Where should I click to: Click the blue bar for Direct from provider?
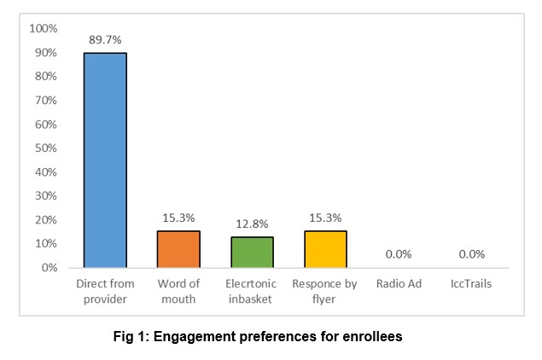pyautogui.click(x=105, y=160)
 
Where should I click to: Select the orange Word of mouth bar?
pyautogui.click(x=178, y=249)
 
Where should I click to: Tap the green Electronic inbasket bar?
pyautogui.click(x=253, y=253)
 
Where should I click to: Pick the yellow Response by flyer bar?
pyautogui.click(x=325, y=249)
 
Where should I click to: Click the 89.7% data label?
pyautogui.click(x=105, y=39)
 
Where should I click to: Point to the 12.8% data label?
pyautogui.click(x=253, y=223)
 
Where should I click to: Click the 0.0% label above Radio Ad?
pyautogui.click(x=399, y=253)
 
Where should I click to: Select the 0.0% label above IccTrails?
pyautogui.click(x=472, y=253)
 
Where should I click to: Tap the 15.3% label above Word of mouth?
pyautogui.click(x=178, y=217)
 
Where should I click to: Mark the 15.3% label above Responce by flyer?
pyautogui.click(x=325, y=217)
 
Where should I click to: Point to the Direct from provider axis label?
pyautogui.click(x=105, y=291)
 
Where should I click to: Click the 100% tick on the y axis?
pyautogui.click(x=43, y=29)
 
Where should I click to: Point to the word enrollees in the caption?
pyautogui.click(x=371, y=336)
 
